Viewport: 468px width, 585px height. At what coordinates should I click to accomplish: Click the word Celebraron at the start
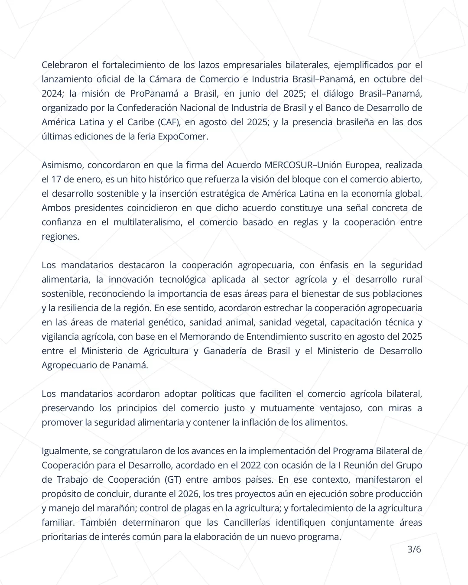point(65,65)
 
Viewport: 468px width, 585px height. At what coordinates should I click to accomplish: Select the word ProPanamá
point(152,94)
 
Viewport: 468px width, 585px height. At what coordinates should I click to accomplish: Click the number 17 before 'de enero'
point(56,179)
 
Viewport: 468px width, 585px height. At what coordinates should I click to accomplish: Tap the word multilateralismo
point(147,222)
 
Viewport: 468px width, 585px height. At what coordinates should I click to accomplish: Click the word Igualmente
point(65,451)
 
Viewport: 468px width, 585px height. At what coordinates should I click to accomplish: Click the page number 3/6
point(414,549)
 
